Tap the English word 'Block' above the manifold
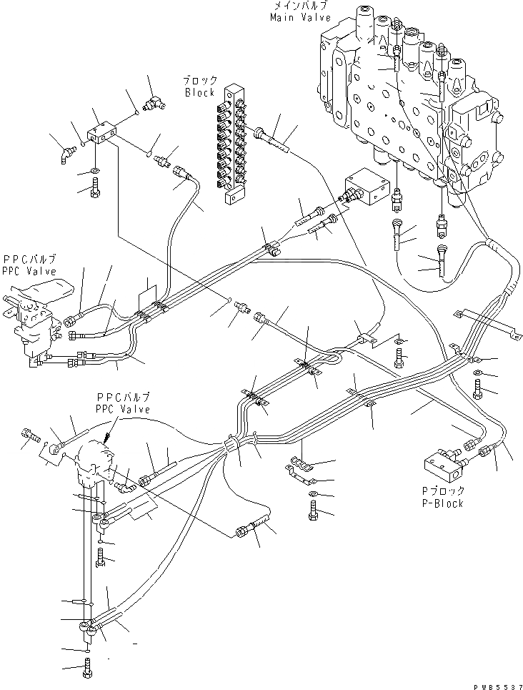click(x=199, y=93)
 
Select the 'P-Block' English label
click(x=442, y=503)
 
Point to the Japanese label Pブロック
click(x=442, y=491)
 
